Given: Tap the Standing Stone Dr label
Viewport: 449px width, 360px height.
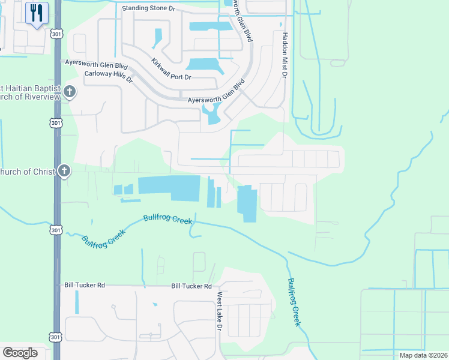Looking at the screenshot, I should [148, 9].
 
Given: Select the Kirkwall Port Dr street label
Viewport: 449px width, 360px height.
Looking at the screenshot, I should [171, 70].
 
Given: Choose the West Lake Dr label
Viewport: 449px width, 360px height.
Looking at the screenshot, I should [220, 313].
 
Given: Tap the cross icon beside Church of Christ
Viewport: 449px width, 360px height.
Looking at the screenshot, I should [64, 172].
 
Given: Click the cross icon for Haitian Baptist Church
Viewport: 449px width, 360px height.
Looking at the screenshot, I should [70, 92].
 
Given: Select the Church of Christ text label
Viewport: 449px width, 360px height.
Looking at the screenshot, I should [27, 172].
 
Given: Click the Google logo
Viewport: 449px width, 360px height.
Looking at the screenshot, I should [20, 353].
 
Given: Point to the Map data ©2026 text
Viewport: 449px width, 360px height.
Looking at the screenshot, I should [423, 355].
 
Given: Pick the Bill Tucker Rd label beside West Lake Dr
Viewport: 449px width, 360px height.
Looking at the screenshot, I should [191, 287].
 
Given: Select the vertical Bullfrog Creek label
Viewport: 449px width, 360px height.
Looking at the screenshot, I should [294, 302].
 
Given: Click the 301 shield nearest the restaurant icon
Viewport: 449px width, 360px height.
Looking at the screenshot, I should [56, 34].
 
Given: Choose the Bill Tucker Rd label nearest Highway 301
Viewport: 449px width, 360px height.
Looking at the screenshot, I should [85, 285].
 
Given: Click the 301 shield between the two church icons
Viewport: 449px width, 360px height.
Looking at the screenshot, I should [56, 123].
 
